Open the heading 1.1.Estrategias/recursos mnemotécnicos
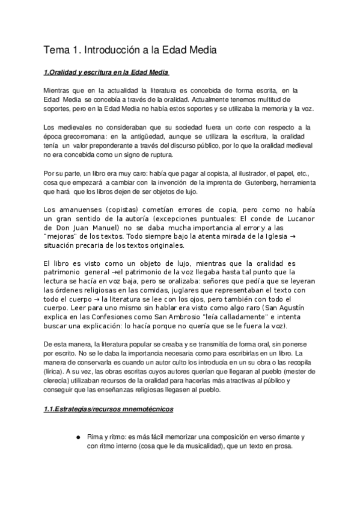pos(109,410)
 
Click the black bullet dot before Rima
pos(78,437)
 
